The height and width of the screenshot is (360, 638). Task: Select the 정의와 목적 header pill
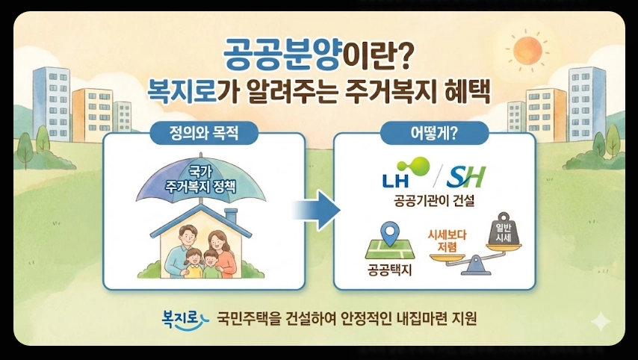pos(203,134)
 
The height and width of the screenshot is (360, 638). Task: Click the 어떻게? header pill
pos(434,134)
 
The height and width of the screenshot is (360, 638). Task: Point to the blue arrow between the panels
pos(316,209)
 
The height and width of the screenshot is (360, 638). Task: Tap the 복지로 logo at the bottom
pos(182,317)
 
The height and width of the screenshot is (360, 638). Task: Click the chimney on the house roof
pos(231,217)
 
